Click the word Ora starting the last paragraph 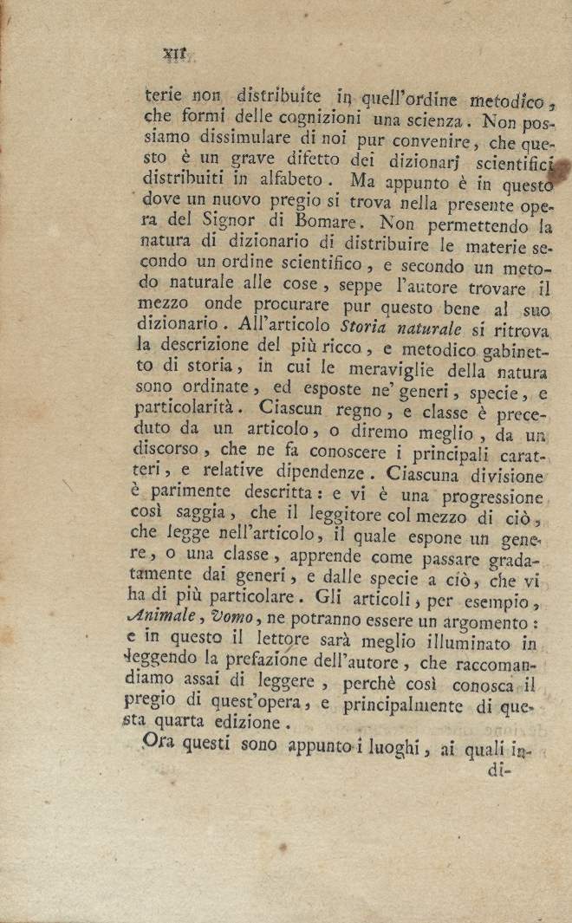(x=159, y=743)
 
